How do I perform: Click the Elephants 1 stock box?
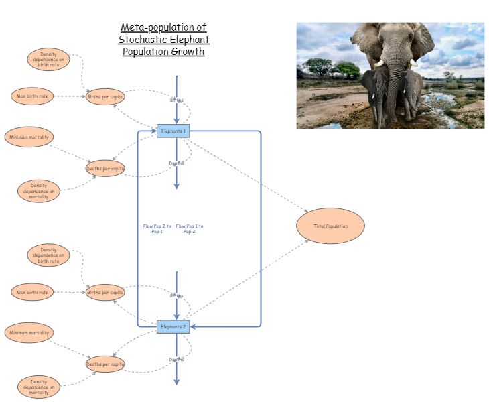[173, 131]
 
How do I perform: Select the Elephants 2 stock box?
[173, 327]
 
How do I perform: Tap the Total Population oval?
[330, 226]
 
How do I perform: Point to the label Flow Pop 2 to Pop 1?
[157, 228]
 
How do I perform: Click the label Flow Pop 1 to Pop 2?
[190, 228]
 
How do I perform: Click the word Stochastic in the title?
[143, 40]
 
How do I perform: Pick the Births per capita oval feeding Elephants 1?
[105, 96]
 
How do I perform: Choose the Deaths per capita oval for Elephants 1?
[105, 168]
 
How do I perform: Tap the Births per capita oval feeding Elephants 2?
[105, 292]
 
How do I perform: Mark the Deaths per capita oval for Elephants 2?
[105, 364]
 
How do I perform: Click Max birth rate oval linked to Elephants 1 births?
[32, 96]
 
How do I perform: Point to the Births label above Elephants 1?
[176, 100]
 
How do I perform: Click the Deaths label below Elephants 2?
[176, 360]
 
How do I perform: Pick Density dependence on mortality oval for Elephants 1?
[39, 191]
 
